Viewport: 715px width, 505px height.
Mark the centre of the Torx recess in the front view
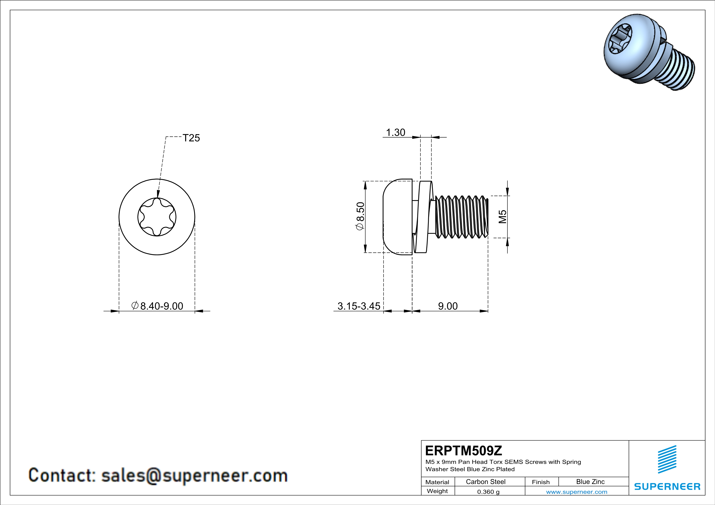[x=157, y=217]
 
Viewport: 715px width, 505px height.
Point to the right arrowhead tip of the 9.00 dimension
[x=488, y=311]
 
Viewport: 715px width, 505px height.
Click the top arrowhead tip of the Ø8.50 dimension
[x=365, y=181]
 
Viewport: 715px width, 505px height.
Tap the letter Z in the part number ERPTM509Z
[x=498, y=451]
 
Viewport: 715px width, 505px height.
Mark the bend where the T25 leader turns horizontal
[x=166, y=137]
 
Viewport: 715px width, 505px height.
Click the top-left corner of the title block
[x=421, y=440]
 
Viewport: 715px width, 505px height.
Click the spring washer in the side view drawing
[x=423, y=217]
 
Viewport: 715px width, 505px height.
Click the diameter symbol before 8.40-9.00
[x=135, y=305]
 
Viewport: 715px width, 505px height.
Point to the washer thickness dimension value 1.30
[x=396, y=133]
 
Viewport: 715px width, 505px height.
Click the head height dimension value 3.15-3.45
[x=359, y=306]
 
